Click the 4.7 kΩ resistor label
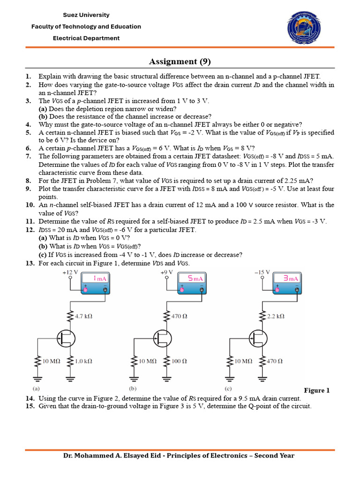(x=83, y=316)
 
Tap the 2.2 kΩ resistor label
(x=277, y=316)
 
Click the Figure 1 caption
(x=317, y=390)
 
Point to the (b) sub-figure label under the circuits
(x=132, y=389)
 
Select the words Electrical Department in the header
(x=86, y=38)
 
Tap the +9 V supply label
(x=166, y=272)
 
